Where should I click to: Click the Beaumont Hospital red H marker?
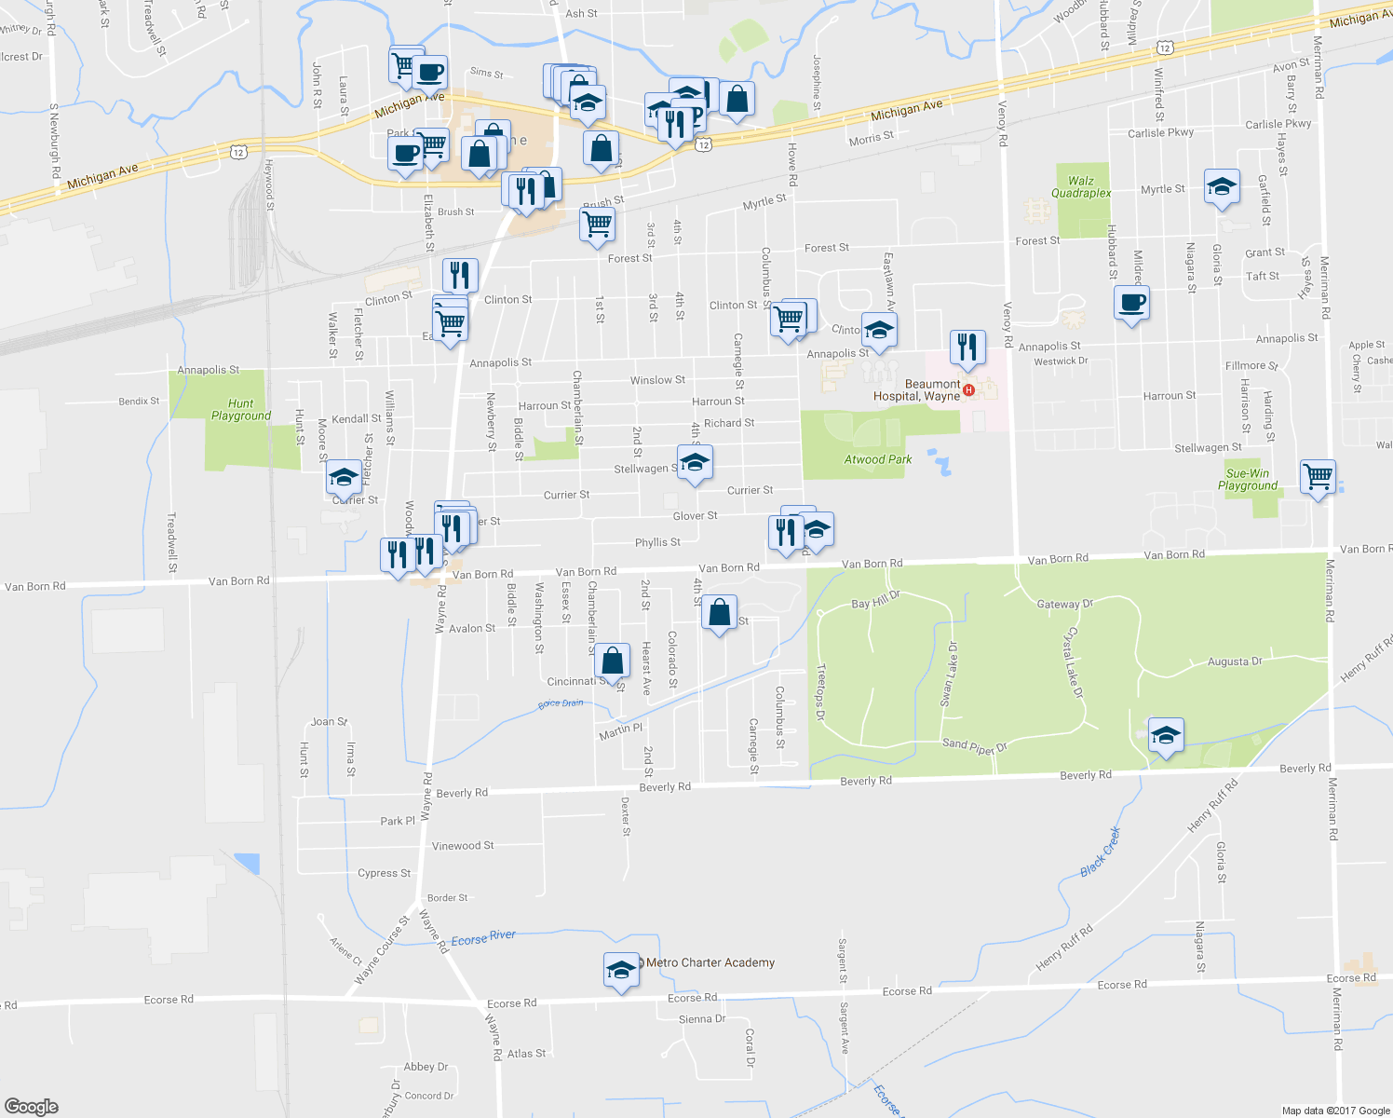968,389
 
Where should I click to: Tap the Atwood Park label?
877,459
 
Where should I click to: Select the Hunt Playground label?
240,410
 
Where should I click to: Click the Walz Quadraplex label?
1080,187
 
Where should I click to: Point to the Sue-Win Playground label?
1247,480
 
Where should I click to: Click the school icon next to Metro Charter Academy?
621,971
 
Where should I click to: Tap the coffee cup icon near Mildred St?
1131,303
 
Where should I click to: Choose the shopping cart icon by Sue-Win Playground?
1318,477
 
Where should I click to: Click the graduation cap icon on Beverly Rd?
1166,736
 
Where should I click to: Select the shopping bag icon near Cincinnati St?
612,661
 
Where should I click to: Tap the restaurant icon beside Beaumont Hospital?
967,348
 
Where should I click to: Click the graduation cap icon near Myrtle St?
1221,187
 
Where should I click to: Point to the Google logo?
32,1106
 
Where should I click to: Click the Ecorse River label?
482,939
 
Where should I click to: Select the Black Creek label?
1101,852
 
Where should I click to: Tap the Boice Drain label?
561,703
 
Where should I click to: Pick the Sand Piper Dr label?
975,744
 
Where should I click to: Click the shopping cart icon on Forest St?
597,224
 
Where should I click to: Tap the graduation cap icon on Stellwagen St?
695,462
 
